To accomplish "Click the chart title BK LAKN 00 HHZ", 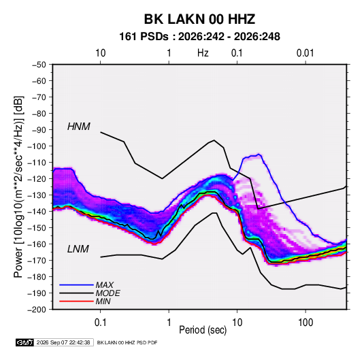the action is click(x=199, y=19).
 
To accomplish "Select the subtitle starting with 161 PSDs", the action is click(x=199, y=37).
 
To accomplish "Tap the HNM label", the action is click(x=78, y=127).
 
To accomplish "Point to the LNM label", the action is click(x=78, y=249).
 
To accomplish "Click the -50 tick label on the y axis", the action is click(x=39, y=65).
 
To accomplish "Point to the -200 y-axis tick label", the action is click(x=37, y=310).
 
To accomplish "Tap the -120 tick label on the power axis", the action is click(x=37, y=179).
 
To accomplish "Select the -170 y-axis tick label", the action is click(x=37, y=261).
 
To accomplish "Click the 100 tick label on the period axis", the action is click(x=305, y=323).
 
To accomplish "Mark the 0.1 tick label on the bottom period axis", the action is click(x=100, y=323).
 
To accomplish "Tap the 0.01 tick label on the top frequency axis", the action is click(x=305, y=53).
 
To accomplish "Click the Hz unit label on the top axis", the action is click(x=203, y=53).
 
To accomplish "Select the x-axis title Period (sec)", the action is click(x=203, y=330).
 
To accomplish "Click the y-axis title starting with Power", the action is click(x=18, y=186).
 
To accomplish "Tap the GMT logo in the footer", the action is click(x=24, y=342).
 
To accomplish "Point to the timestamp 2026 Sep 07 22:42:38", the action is click(x=63, y=342).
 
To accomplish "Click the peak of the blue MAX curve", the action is click(x=259, y=154).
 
